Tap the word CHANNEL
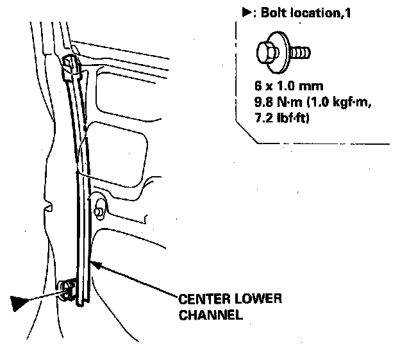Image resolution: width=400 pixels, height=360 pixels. coord(202,315)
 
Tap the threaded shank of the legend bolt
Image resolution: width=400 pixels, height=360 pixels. coord(301,52)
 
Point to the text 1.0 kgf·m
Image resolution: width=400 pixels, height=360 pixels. coord(334,101)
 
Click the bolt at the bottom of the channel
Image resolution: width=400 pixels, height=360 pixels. coord(66,290)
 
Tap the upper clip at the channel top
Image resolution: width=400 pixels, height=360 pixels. coord(72,67)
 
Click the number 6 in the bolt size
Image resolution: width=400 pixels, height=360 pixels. coord(257,85)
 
